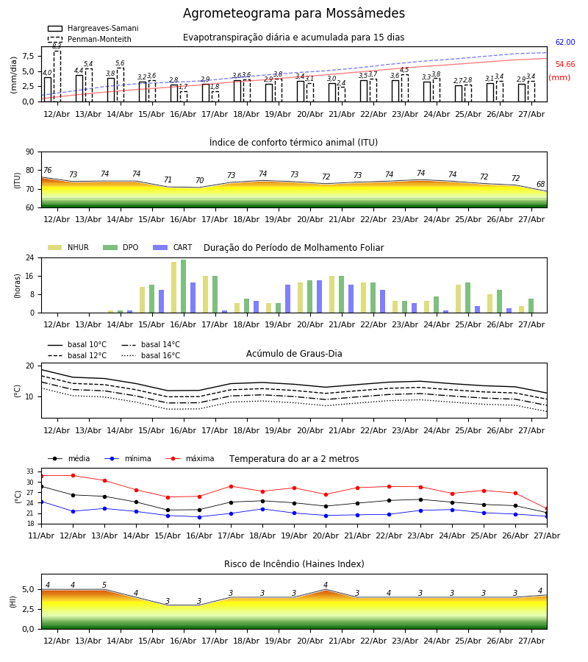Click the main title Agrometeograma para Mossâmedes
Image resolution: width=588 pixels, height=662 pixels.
coord(293,13)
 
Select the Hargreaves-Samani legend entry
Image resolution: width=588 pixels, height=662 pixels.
coord(93,28)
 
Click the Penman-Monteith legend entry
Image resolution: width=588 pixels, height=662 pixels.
coord(90,39)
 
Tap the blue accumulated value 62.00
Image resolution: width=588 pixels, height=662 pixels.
coord(565,42)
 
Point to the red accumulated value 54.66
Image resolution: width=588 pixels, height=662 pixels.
coord(565,64)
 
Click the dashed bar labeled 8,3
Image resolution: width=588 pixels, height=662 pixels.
coord(57,76)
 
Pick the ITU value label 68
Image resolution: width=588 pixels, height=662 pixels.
coord(540,184)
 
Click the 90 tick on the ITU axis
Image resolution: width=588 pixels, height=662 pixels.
coord(30,152)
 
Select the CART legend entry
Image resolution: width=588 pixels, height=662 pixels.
coord(172,247)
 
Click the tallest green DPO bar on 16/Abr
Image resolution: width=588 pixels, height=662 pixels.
coord(184,286)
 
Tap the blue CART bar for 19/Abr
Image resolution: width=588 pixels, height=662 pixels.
coord(287,299)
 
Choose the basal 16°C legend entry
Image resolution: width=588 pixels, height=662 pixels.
coord(151,355)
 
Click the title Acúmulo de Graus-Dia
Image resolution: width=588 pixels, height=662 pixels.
coord(294,354)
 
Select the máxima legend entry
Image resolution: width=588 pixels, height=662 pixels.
coord(190,458)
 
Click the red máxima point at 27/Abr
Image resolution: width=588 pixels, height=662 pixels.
coord(547,509)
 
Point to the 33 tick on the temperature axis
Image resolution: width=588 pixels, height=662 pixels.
coord(30,471)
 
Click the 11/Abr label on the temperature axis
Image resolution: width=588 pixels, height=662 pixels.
coord(41,535)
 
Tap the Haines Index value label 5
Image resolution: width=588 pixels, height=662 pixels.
coord(104,586)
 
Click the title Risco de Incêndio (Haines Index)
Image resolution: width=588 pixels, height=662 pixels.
coord(294,564)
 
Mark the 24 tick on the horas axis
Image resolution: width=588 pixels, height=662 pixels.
coord(30,257)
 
